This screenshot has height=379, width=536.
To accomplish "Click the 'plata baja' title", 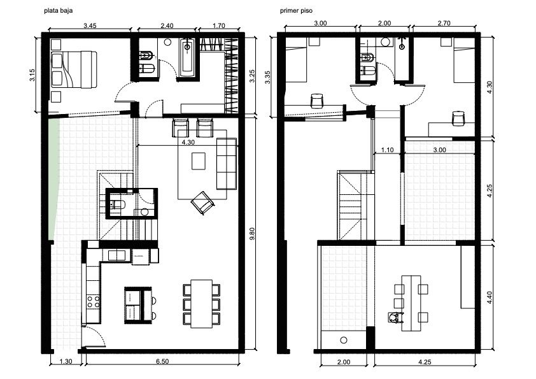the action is coord(58,11).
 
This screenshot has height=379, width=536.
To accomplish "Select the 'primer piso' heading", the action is coord(296,11).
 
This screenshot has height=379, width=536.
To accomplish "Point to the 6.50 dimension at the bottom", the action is coord(162,361).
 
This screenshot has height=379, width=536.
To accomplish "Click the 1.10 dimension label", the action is coord(387,150).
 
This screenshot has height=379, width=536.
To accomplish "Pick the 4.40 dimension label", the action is coord(490,297).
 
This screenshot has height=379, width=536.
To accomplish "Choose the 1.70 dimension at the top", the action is coord(219,25).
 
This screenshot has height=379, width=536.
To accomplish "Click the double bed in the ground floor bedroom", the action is coord(74,69).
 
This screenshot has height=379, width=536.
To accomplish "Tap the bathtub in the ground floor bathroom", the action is coord(187,57).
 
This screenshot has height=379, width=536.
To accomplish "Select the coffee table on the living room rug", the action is coord(199,161).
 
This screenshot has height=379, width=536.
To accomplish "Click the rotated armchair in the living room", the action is coord(202,203).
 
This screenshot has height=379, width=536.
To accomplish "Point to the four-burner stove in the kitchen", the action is coord(93,301).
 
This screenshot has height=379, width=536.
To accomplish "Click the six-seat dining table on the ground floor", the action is coord(202,304).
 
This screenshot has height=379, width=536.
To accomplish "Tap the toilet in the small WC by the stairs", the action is coord(117,205).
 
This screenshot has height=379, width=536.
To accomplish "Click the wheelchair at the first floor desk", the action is coord(395,318).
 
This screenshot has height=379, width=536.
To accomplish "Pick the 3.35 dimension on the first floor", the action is coord(268,77).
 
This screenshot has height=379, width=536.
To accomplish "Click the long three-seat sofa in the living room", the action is coord(227,164).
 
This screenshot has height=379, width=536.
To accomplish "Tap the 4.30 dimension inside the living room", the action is coord(188,142).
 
